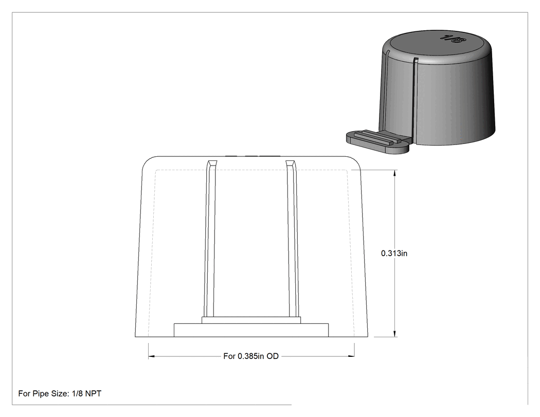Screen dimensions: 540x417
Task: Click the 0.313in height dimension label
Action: (394, 253)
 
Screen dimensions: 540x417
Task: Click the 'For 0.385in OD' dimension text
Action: (251, 356)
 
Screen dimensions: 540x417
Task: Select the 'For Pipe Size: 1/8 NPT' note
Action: (60, 393)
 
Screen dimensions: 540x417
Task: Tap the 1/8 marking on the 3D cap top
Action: (453, 38)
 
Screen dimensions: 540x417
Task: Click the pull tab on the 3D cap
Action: (377, 141)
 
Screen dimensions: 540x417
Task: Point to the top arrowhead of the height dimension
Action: (394, 173)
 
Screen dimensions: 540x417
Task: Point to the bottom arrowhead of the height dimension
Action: (394, 334)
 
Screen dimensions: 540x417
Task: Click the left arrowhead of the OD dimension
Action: (152, 356)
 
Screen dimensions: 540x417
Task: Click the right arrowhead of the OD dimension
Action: (351, 356)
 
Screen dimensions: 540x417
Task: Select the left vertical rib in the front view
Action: (210, 239)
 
